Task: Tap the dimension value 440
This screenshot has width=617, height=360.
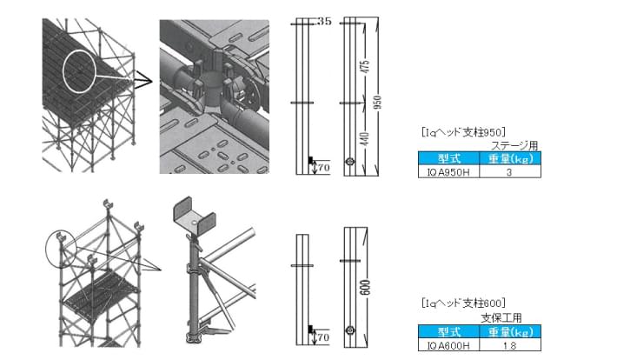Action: click(x=366, y=137)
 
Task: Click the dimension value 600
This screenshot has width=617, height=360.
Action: click(x=367, y=283)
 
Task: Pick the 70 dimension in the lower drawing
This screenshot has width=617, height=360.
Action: click(x=322, y=336)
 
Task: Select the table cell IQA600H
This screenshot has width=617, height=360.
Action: click(x=444, y=344)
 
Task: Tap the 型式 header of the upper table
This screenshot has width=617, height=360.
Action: click(x=443, y=159)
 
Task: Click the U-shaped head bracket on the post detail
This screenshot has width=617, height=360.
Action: click(x=192, y=213)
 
